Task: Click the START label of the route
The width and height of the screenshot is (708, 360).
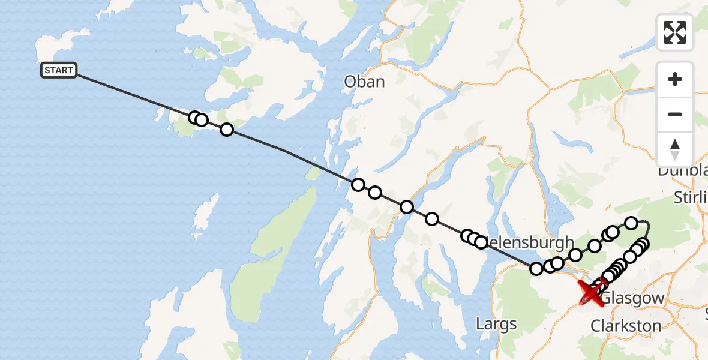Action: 58,70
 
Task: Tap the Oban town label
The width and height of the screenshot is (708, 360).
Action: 364,82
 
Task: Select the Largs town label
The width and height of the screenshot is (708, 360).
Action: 496,325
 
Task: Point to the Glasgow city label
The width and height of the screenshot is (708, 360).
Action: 632,298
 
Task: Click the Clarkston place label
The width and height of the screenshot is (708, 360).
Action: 626,326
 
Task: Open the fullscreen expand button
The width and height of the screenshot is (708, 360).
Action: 675,32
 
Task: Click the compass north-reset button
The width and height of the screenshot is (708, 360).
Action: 675,149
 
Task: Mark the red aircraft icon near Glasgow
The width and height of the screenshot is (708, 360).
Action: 593,292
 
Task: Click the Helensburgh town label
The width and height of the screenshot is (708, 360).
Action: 527,242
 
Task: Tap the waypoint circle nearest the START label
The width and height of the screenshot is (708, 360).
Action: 194,118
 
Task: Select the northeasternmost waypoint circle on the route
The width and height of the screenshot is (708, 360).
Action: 631,223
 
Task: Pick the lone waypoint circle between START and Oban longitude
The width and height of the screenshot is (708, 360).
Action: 226,130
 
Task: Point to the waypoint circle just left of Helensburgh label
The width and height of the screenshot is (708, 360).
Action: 481,242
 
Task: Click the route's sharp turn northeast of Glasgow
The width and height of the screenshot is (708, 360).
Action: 647,223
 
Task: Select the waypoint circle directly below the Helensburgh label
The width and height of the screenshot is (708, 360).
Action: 536,268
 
